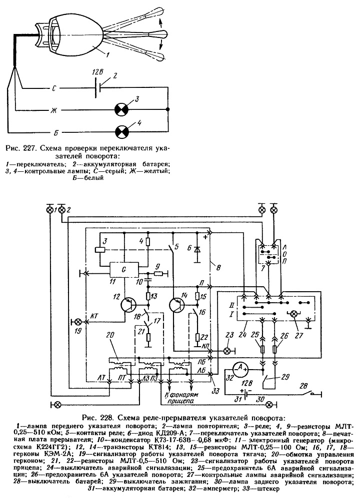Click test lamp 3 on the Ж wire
[121, 110]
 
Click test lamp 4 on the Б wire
[121, 131]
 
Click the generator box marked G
[123, 270]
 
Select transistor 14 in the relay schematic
[177, 305]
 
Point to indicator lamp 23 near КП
[227, 351]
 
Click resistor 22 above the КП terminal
[198, 337]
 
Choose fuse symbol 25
[262, 350]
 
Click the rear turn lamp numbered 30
[270, 404]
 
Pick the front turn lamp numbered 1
[50, 210]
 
